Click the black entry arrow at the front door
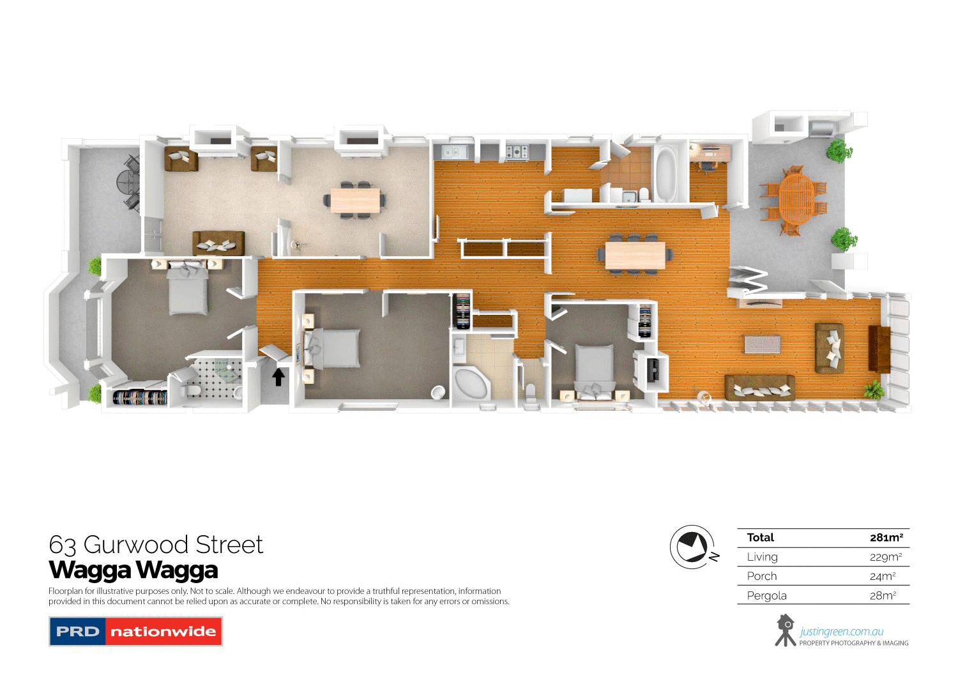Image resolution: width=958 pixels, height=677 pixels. point(278,377)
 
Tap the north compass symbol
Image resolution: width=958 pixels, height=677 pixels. point(692,547)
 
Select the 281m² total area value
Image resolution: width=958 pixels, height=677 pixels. point(886,538)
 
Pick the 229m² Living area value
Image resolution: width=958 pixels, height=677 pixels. point(885,557)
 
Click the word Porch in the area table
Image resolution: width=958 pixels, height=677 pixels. point(762,576)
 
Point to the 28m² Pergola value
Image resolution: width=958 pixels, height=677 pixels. point(883,596)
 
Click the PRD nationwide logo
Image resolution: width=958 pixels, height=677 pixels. point(135,632)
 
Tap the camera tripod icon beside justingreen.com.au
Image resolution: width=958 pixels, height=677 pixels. point(785,630)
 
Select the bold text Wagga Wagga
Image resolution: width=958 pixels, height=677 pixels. point(133,570)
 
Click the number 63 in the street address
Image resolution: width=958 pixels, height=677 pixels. point(63,545)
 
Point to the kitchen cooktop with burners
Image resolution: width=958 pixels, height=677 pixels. point(517,152)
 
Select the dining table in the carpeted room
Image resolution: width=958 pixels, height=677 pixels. point(355,201)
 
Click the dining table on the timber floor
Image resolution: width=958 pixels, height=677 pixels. point(635,255)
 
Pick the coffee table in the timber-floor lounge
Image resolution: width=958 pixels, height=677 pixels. point(762,344)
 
